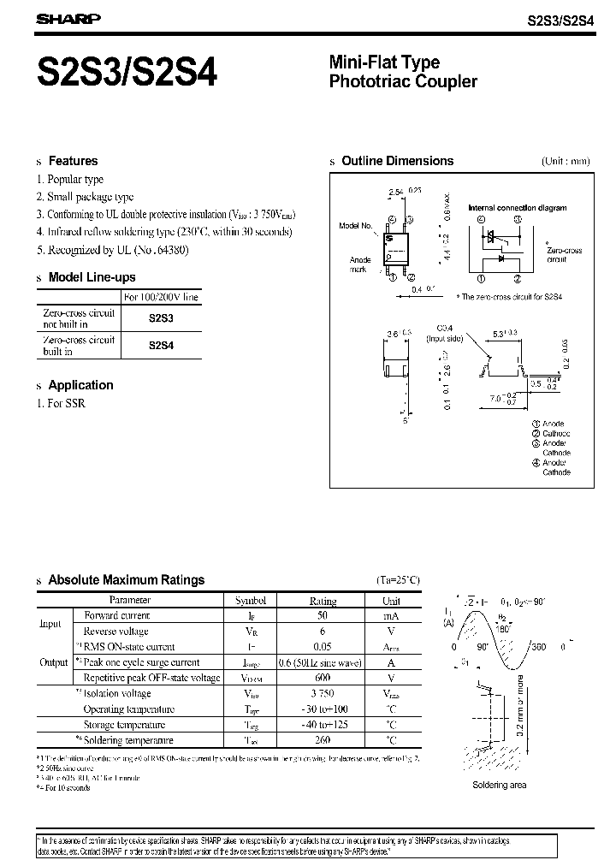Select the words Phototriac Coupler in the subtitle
tap(403, 82)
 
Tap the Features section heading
tap(73, 161)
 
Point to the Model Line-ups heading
tap(92, 277)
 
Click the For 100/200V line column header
tap(162, 297)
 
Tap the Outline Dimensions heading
tap(397, 161)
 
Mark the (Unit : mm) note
tap(566, 161)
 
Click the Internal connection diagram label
tap(517, 208)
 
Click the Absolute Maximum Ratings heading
tap(126, 579)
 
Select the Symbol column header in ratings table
tap(250, 601)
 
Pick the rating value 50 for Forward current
tap(323, 616)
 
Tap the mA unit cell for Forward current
tap(390, 616)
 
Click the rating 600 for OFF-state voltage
tap(323, 678)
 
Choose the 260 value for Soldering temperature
tap(323, 739)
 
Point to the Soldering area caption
tap(499, 785)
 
